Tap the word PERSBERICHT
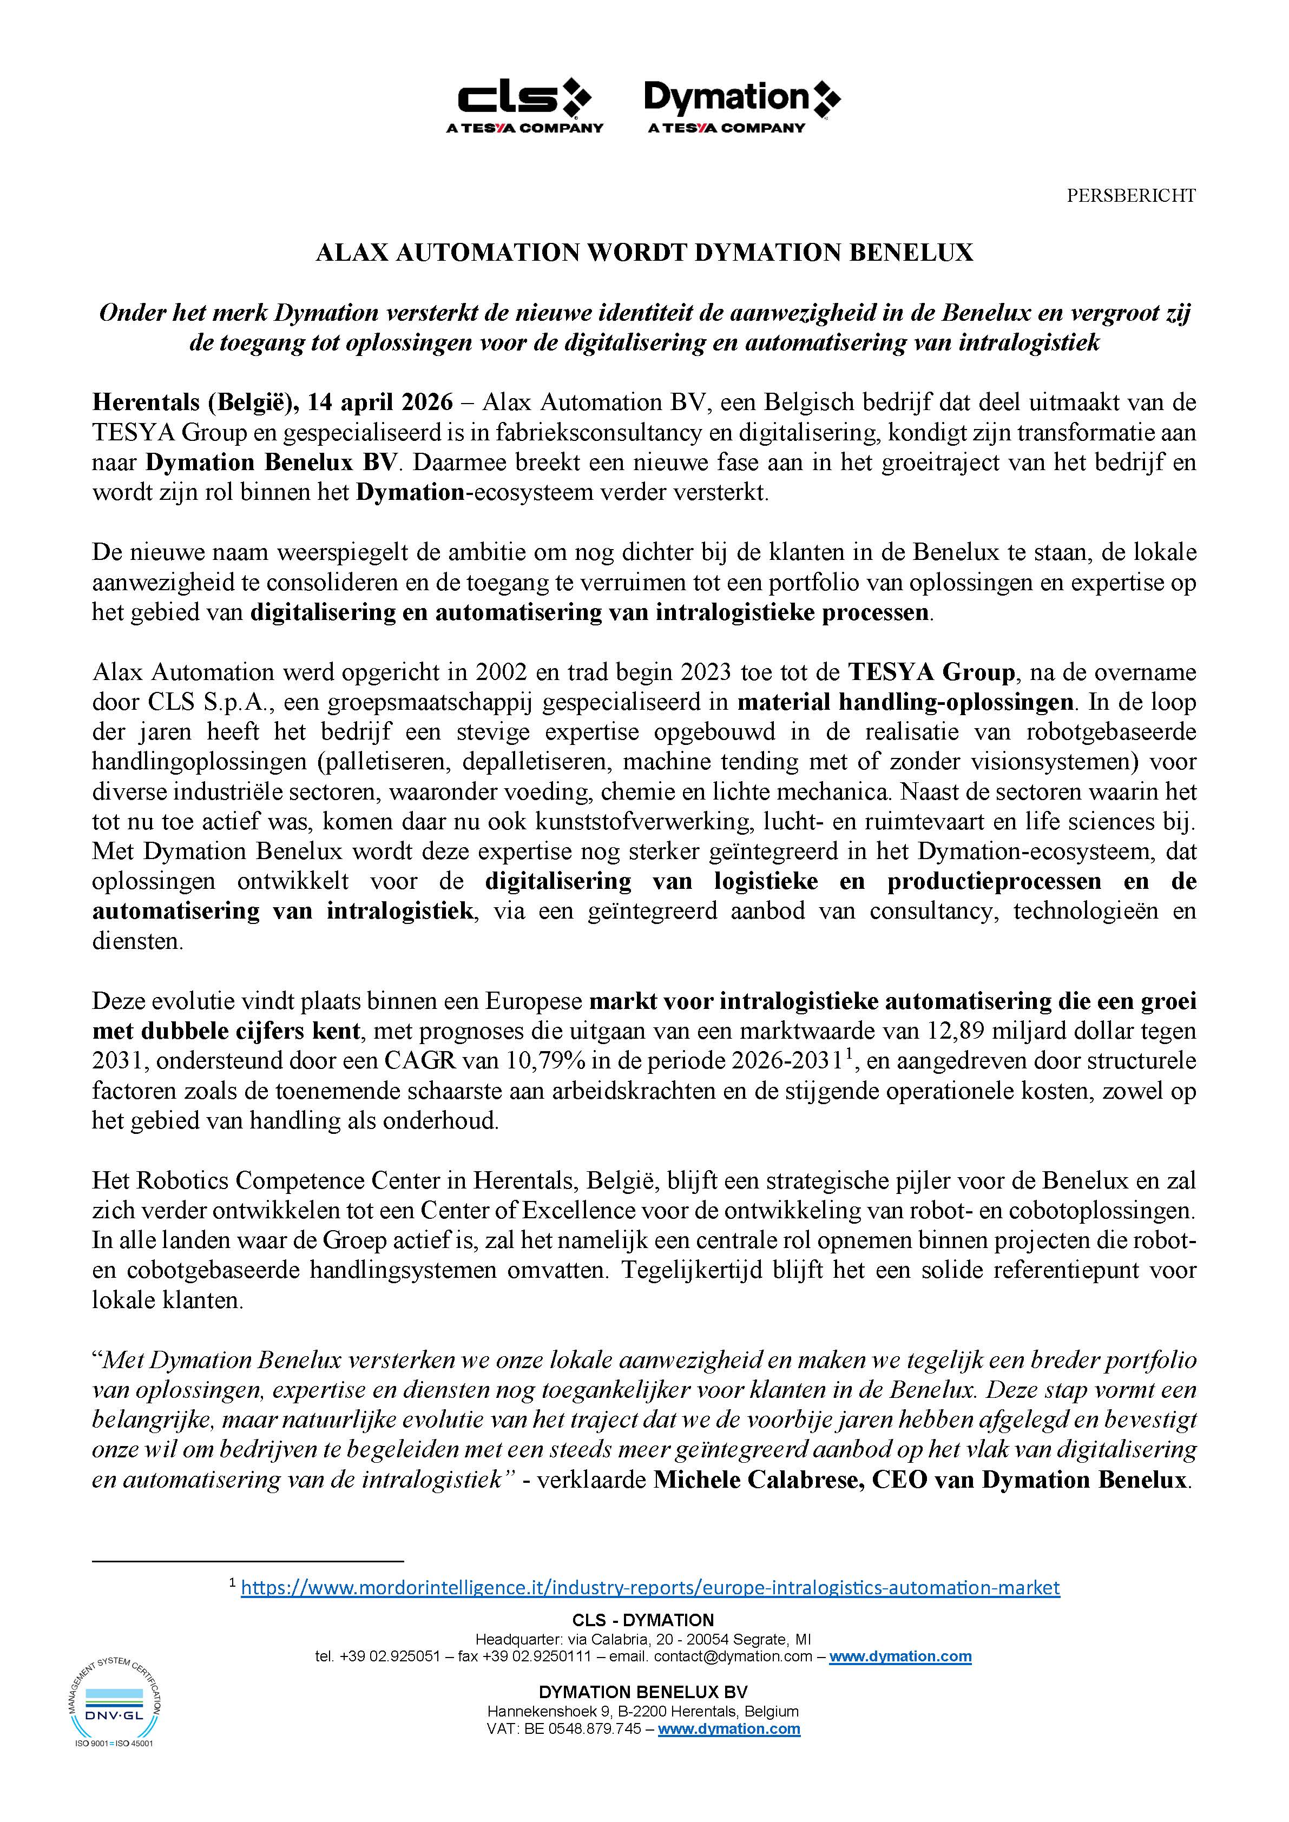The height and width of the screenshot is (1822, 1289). tap(1130, 195)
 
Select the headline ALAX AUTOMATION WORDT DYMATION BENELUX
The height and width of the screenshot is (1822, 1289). tap(644, 252)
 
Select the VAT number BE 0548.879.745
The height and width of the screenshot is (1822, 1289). tap(583, 1729)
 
